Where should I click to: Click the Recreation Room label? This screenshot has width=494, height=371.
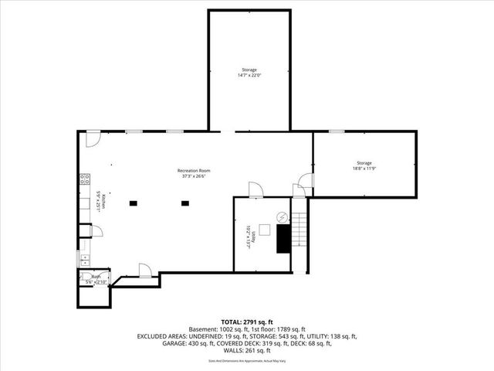[x=194, y=170]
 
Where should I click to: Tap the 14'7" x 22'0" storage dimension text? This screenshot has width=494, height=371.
[x=249, y=75]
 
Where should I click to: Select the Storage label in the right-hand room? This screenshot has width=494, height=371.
[x=364, y=163]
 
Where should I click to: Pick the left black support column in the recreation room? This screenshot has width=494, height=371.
[x=134, y=203]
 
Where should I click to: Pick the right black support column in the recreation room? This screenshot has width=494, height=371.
[x=184, y=203]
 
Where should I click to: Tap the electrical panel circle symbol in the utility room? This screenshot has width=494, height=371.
[x=282, y=216]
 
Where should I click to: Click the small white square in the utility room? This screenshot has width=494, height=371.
[x=265, y=229]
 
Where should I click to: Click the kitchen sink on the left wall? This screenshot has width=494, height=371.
[x=83, y=260]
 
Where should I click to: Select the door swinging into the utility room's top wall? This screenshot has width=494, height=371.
[x=254, y=190]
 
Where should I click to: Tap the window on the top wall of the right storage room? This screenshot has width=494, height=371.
[x=336, y=131]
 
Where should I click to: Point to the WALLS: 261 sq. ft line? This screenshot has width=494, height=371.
[x=246, y=352]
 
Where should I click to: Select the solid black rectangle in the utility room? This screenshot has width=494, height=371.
[x=283, y=240]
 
